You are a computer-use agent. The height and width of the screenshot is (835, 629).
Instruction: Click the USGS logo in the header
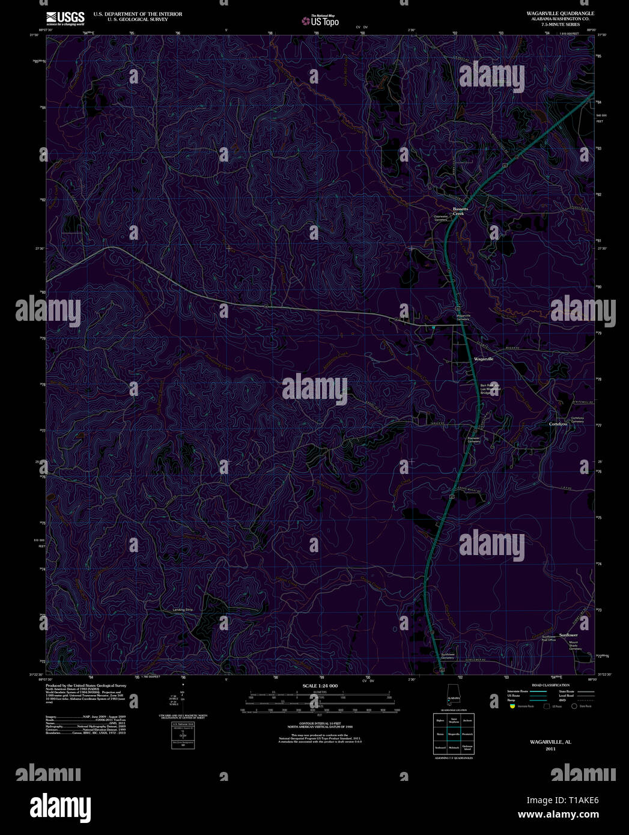65,17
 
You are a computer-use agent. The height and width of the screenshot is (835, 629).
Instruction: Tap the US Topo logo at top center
321,21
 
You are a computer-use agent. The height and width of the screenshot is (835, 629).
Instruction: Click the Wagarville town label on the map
484,359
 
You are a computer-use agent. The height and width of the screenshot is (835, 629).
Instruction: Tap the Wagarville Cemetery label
463,317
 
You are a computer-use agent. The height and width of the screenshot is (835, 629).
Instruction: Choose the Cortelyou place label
558,424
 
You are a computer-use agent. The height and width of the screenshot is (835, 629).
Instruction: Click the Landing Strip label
183,610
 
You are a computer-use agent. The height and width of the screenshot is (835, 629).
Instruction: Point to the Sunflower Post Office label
549,638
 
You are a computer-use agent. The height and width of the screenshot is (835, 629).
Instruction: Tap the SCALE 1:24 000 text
320,685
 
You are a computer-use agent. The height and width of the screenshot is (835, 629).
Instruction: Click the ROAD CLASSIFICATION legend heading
550,685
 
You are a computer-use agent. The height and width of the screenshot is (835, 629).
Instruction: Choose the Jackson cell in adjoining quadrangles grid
468,720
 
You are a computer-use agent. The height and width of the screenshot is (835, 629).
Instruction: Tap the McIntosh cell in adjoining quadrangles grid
454,748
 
